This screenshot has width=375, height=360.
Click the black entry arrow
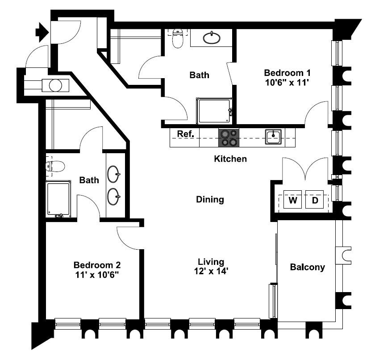coord(42,32)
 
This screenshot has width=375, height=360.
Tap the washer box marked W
coord(293,199)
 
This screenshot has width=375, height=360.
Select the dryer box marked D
coord(315,199)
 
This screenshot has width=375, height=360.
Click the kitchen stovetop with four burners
coord(229,138)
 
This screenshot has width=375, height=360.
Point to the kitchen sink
coord(273,137)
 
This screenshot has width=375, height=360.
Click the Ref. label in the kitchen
coord(185,134)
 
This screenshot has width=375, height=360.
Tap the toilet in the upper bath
coord(178,38)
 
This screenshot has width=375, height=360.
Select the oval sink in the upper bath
coord(212,38)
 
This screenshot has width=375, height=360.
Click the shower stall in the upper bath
coord(214,111)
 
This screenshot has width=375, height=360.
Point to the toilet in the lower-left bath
coord(55,166)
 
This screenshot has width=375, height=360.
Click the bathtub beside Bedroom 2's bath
coord(58,199)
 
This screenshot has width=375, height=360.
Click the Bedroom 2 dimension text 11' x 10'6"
coord(97,275)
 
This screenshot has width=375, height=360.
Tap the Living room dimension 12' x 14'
coord(211,271)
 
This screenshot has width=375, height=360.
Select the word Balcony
coord(307,267)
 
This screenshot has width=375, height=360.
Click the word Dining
coord(210,200)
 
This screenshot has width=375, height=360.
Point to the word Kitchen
coord(230,159)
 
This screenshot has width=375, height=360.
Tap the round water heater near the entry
coord(55,85)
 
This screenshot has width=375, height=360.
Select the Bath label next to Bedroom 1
coord(199,75)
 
